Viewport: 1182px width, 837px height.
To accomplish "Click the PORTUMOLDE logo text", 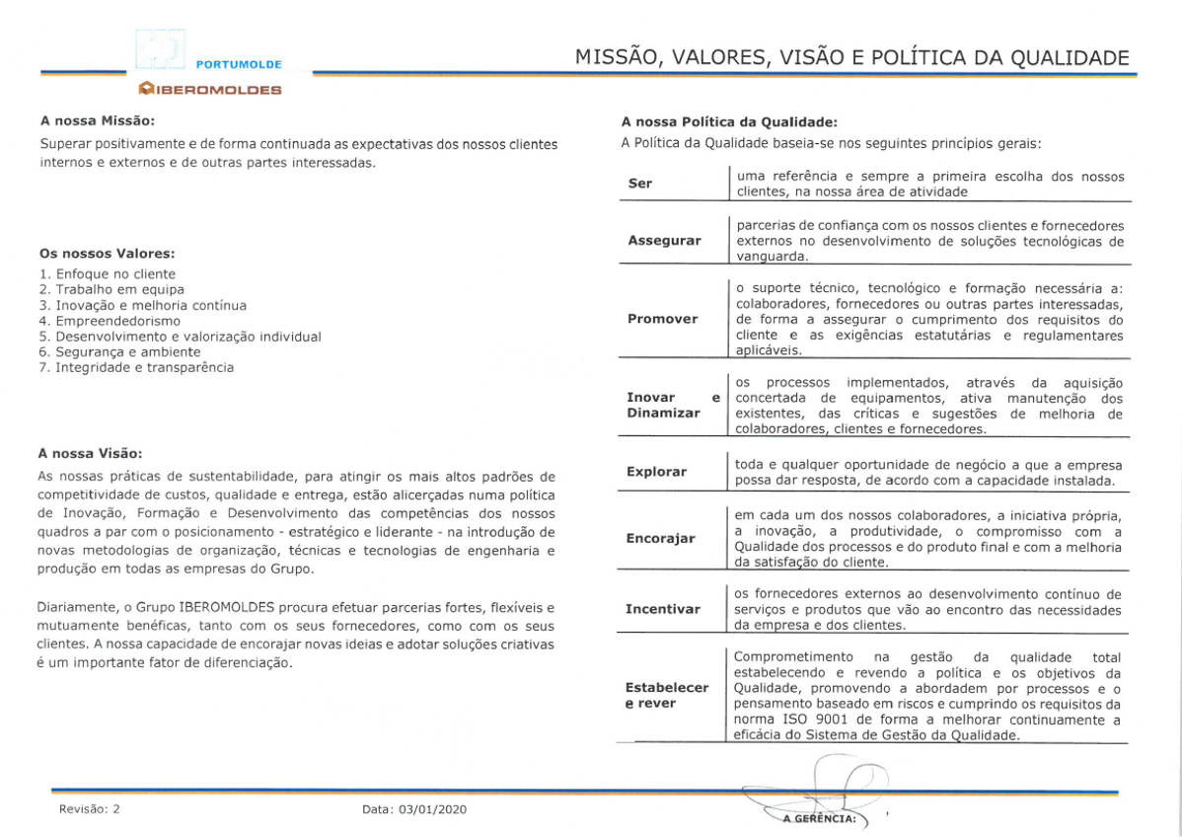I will tap(239, 64).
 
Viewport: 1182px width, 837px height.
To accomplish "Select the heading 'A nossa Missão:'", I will tap(97, 121).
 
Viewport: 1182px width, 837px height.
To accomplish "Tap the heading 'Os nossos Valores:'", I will tap(108, 254).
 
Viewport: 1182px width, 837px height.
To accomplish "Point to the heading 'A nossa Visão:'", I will tap(90, 454).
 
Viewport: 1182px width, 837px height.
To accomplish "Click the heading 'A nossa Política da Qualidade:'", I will tap(728, 122).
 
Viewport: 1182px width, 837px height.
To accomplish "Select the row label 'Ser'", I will tap(640, 184).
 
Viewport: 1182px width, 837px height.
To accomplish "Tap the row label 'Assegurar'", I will tap(664, 241).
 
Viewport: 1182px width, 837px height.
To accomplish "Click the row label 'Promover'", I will tap(662, 319).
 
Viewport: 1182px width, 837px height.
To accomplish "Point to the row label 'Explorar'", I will tap(656, 472).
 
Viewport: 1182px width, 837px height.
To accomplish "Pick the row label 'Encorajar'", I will tap(660, 539).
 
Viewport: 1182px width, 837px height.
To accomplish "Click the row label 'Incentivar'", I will tap(662, 609).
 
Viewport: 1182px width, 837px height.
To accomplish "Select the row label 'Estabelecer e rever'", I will tap(667, 695).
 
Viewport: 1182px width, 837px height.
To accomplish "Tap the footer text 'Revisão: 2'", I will tap(89, 809).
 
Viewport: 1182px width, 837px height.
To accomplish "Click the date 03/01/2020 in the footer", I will tap(432, 809).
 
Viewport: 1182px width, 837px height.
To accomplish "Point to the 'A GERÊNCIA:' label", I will tap(818, 818).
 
